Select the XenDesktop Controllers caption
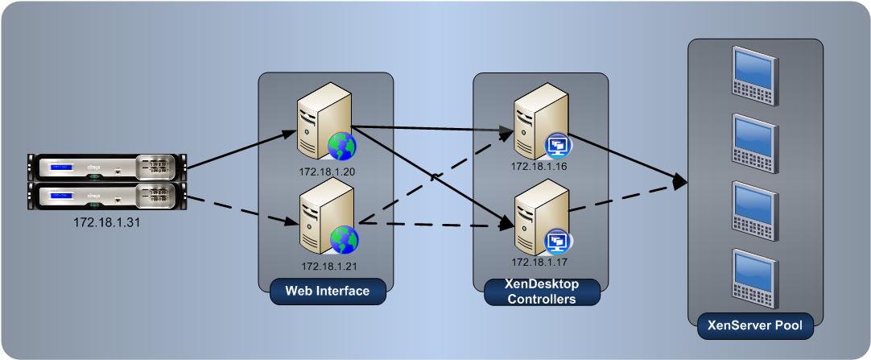542,292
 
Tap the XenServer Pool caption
755,327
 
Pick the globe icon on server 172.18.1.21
344,239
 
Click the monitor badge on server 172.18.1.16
557,145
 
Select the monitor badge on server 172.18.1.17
557,241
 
